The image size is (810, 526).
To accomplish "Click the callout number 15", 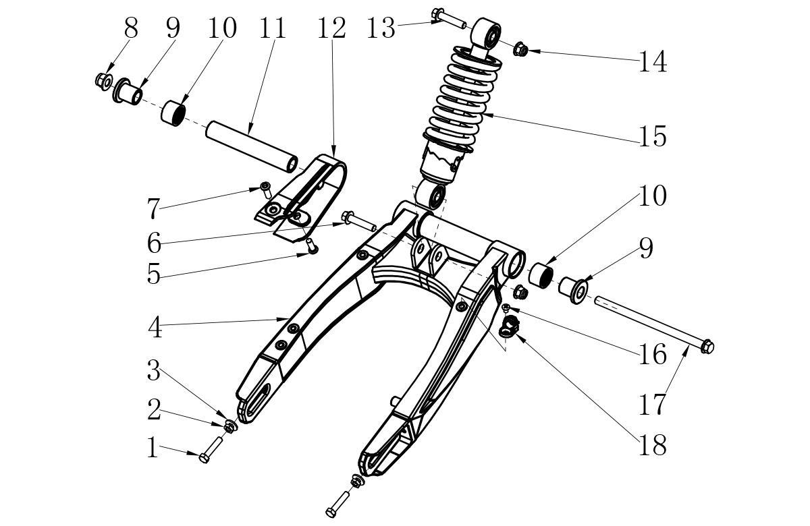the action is (x=653, y=136).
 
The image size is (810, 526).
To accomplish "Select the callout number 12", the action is (x=331, y=28).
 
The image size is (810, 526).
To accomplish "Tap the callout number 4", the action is (x=155, y=327).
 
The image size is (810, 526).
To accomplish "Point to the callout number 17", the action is (x=652, y=404).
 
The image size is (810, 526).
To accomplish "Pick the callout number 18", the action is (x=653, y=445).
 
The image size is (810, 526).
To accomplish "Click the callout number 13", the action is (x=381, y=28).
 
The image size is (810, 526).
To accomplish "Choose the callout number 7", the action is (x=153, y=208).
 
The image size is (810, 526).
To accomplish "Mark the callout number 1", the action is (x=153, y=448).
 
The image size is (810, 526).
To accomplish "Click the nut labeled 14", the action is (x=520, y=49).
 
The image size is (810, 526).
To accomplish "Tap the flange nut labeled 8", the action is (x=104, y=82).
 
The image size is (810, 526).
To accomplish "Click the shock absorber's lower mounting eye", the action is (x=431, y=196).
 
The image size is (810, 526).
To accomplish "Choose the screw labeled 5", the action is (x=312, y=245).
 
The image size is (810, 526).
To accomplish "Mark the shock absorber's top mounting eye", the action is (x=487, y=34).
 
